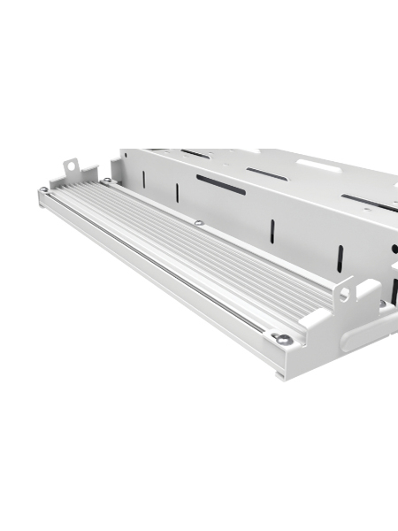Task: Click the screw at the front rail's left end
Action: [43, 189]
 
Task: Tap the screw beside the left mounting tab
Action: [106, 181]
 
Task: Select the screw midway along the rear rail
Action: [199, 222]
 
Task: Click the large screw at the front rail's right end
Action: [282, 338]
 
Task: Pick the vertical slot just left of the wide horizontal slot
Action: [177, 192]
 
